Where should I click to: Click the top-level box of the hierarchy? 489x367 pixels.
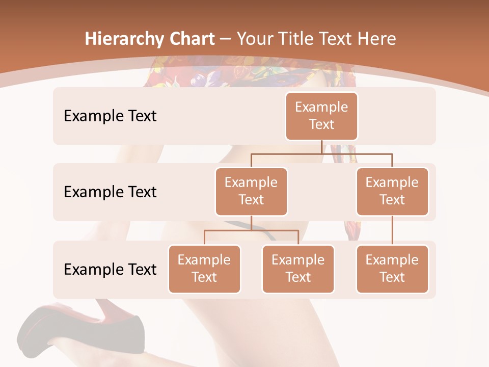click(321, 116)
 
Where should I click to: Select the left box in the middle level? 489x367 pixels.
click(251, 191)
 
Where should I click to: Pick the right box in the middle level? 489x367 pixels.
click(392, 191)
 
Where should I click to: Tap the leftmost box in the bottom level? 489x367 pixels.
click(204, 269)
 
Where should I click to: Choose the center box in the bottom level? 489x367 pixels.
click(298, 269)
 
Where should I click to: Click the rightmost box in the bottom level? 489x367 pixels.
click(392, 269)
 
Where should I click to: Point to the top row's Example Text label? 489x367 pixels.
click(110, 116)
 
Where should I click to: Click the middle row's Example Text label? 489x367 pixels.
click(110, 192)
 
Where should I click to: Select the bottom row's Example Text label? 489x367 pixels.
click(110, 269)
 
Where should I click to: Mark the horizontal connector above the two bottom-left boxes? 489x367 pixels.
click(251, 230)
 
